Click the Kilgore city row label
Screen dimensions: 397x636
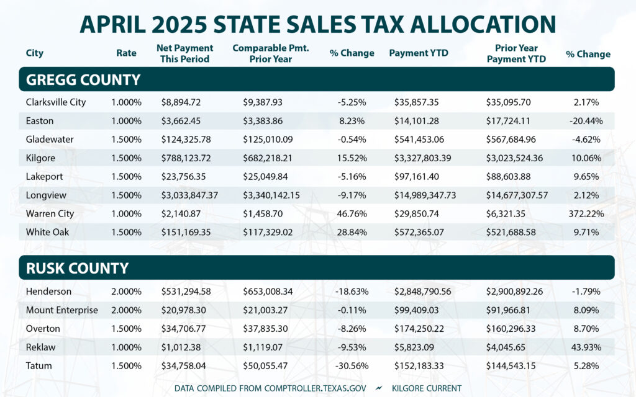(x=40, y=158)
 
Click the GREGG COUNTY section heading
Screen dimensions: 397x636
(x=83, y=79)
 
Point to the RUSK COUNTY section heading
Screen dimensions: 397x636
(x=78, y=268)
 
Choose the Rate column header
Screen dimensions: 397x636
(x=126, y=53)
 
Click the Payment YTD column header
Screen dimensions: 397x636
(x=418, y=53)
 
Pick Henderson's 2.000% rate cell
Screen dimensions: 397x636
(x=126, y=292)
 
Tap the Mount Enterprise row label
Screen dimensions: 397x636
(x=62, y=310)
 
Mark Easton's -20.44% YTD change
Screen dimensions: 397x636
(x=588, y=121)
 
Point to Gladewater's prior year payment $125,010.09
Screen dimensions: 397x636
(x=272, y=140)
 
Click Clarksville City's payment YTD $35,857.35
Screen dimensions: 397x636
(x=422, y=102)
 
